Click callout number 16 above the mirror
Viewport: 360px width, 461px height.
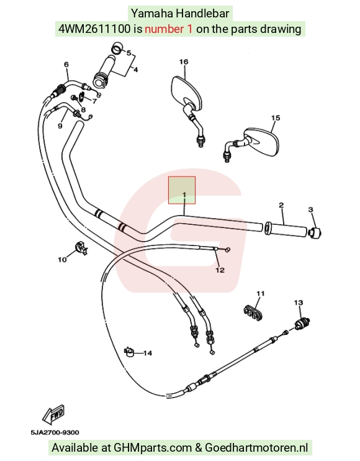pyautogui.click(x=184, y=62)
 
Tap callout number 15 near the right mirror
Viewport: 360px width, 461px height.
pyautogui.click(x=276, y=118)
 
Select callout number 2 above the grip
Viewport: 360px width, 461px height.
pyautogui.click(x=281, y=205)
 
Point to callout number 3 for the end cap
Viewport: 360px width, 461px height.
pyautogui.click(x=311, y=209)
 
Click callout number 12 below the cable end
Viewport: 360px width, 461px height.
pyautogui.click(x=220, y=270)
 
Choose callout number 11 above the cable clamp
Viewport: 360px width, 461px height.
pyautogui.click(x=261, y=293)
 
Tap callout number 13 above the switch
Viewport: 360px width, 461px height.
pyautogui.click(x=299, y=303)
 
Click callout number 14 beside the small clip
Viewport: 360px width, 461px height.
pyautogui.click(x=148, y=353)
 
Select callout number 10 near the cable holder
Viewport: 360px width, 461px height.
pyautogui.click(x=62, y=260)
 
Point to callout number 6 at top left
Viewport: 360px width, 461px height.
pyautogui.click(x=66, y=65)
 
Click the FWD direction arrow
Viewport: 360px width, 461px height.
pyautogui.click(x=53, y=414)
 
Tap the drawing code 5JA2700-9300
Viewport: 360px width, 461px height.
pyautogui.click(x=55, y=432)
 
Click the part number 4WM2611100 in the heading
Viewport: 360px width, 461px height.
pyautogui.click(x=94, y=29)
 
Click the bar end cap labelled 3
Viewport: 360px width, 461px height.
pyautogui.click(x=315, y=233)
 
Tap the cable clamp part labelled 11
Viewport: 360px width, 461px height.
pyautogui.click(x=253, y=313)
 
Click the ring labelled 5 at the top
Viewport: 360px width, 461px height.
pyautogui.click(x=117, y=48)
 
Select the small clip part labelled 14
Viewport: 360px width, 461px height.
pyautogui.click(x=129, y=351)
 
